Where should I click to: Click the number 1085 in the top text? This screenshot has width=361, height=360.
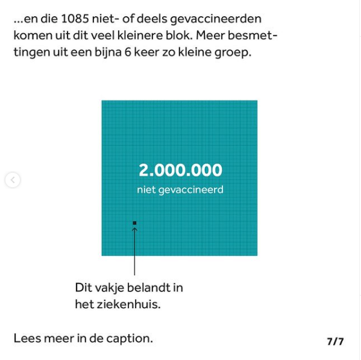[x=75, y=19]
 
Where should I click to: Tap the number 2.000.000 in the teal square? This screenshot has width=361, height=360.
[x=180, y=170]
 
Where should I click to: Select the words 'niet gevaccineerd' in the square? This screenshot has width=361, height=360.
[x=180, y=190]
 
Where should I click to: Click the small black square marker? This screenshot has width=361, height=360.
[x=134, y=223]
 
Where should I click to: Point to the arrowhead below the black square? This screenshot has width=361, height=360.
[x=134, y=229]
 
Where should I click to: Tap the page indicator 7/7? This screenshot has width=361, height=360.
[x=335, y=341]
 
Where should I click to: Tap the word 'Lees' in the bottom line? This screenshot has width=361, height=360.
[x=27, y=338]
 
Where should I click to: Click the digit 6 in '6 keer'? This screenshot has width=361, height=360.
[x=128, y=52]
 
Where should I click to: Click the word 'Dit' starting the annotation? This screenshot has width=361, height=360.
[x=84, y=287]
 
